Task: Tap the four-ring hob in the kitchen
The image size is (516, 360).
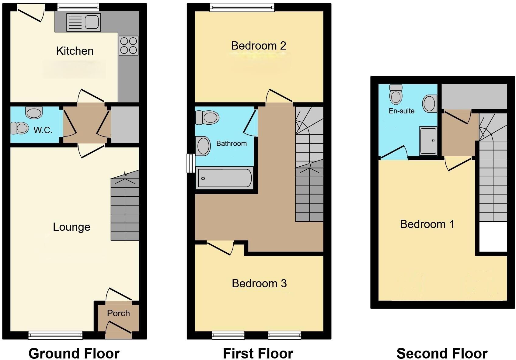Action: [128, 46]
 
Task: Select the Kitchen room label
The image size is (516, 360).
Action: [75, 51]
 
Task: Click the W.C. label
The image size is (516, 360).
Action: [43, 130]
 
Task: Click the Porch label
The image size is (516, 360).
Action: [118, 313]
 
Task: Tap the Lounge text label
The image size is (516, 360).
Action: [71, 227]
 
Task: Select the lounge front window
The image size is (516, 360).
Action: [55, 335]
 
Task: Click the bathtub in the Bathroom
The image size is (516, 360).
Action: [225, 178]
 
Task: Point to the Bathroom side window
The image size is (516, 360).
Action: [191, 163]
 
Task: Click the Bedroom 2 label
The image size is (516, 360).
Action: [259, 46]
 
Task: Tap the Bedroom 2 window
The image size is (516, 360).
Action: [242, 7]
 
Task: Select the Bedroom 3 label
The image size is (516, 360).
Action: [259, 283]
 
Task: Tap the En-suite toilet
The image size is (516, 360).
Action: [396, 94]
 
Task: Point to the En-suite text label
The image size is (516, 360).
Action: [402, 111]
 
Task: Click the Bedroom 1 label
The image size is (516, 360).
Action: [427, 224]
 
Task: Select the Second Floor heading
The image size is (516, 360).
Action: [442, 354]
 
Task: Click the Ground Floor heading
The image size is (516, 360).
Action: [74, 354]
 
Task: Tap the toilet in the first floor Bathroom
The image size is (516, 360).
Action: [207, 117]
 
